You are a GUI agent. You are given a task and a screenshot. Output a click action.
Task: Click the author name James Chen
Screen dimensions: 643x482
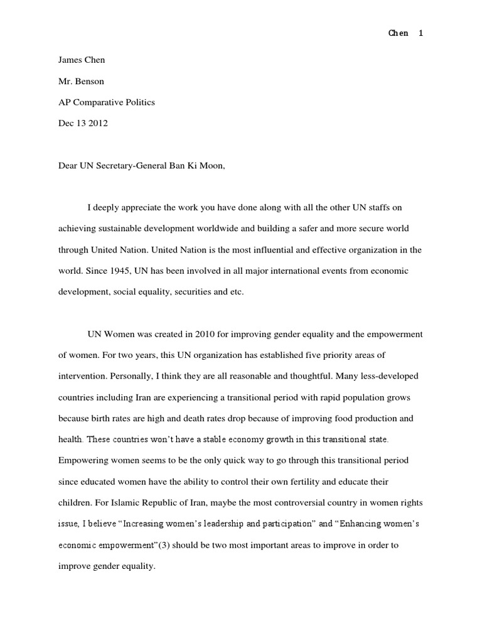click(82, 60)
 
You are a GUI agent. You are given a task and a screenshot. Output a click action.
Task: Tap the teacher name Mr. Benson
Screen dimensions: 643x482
click(81, 81)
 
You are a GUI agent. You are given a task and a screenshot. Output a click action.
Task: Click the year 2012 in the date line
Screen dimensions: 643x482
click(98, 123)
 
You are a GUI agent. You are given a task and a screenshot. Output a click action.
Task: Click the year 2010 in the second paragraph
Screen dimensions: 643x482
click(193, 334)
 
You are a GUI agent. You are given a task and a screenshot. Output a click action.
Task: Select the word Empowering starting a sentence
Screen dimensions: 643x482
click(84, 460)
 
